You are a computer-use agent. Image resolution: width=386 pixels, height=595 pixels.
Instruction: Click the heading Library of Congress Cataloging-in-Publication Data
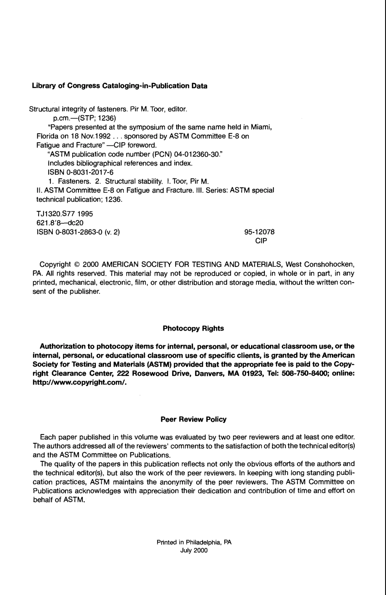tap(119, 86)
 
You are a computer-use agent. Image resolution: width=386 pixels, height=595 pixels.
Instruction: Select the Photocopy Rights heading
tap(193, 328)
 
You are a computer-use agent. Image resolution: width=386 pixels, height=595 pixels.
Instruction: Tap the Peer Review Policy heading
tap(193, 419)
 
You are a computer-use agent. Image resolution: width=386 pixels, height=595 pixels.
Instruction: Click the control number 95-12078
tap(259, 232)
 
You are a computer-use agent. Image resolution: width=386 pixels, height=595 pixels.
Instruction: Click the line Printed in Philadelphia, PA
tap(194, 542)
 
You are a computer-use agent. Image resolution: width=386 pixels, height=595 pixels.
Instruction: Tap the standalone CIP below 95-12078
tap(261, 240)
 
